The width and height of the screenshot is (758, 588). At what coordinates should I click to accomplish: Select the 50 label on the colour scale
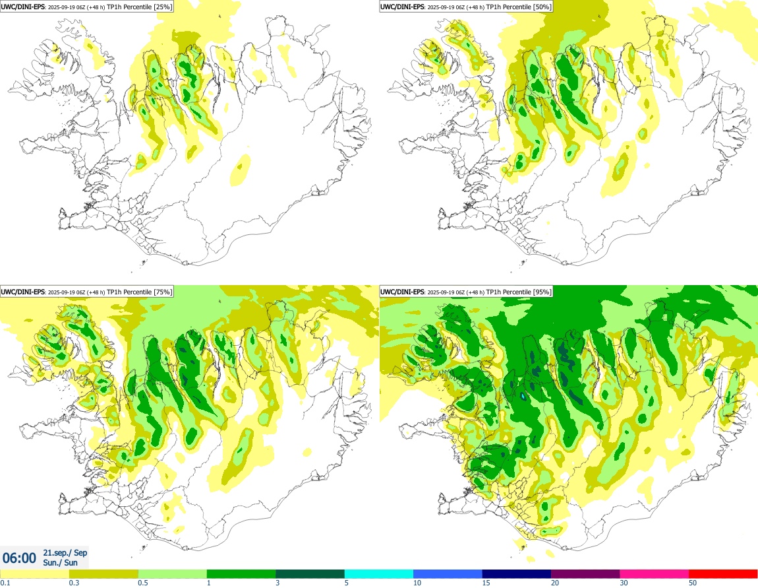pyautogui.click(x=693, y=583)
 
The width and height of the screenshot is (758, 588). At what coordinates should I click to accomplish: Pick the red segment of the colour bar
pyautogui.click(x=723, y=573)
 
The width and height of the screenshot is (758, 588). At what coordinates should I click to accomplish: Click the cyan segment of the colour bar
pyautogui.click(x=379, y=573)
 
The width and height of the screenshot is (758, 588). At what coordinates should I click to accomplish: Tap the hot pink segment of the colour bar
pyautogui.click(x=654, y=573)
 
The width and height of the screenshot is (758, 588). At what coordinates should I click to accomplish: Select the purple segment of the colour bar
pyautogui.click(x=585, y=573)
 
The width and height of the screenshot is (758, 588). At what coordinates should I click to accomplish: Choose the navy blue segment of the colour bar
pyautogui.click(x=516, y=573)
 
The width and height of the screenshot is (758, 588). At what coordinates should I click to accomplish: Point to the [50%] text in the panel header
pyautogui.click(x=542, y=7)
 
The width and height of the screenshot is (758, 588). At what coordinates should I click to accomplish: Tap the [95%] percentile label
pyautogui.click(x=542, y=292)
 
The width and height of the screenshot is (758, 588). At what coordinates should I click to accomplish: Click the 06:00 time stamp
pyautogui.click(x=19, y=558)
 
